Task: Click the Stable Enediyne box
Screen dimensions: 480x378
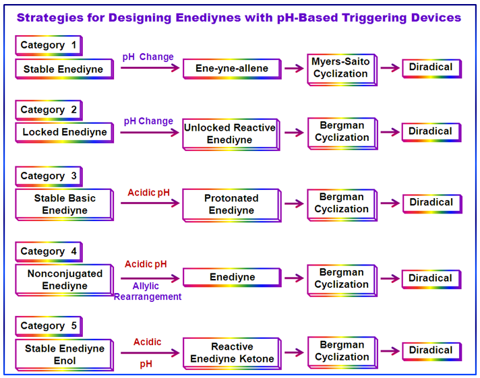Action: point(64,69)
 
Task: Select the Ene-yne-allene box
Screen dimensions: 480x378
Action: point(232,69)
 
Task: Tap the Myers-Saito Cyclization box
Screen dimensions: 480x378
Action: point(342,70)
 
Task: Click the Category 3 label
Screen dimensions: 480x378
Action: point(49,177)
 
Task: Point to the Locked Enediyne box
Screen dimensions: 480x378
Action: point(64,133)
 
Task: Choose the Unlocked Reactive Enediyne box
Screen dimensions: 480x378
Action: point(231,134)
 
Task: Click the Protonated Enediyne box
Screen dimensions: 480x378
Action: point(232,205)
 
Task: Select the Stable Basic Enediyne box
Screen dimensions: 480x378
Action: point(64,204)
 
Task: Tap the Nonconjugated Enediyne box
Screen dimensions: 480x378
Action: point(64,280)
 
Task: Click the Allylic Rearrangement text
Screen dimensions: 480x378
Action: point(148,291)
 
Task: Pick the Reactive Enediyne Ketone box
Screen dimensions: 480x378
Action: point(232,354)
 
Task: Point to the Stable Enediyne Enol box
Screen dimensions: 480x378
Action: point(64,355)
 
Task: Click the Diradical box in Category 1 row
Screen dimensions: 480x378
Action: point(431,69)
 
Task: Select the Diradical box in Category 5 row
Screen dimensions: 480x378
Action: point(431,351)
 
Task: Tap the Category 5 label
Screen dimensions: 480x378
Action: point(49,326)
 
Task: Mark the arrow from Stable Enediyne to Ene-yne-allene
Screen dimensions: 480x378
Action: point(150,67)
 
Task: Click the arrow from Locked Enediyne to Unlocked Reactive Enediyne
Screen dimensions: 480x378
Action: point(150,133)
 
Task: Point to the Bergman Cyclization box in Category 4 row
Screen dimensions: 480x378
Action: point(342,281)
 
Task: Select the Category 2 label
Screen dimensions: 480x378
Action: point(49,111)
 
